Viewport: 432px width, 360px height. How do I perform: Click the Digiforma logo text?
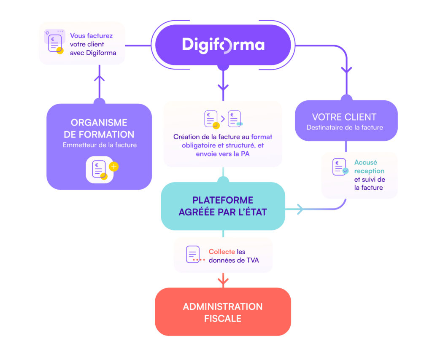coord(223,45)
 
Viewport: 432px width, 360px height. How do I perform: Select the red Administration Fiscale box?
coord(223,312)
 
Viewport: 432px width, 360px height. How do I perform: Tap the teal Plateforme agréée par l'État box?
coord(223,206)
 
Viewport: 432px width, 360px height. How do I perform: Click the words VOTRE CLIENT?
coord(344,117)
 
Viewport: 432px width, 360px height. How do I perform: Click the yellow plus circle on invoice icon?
coord(113,167)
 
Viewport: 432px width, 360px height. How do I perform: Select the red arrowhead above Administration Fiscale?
coord(223,280)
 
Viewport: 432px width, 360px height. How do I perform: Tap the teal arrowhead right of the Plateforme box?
coord(300,209)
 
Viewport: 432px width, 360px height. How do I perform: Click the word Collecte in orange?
coord(221,252)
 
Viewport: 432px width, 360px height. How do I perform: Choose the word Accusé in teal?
coord(365,162)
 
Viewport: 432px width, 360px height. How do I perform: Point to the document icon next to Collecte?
coord(193,254)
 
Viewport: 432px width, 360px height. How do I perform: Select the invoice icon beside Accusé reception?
coord(340,167)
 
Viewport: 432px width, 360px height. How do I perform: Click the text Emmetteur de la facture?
coord(100,145)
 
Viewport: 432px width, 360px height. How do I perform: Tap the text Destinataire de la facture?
coord(345,127)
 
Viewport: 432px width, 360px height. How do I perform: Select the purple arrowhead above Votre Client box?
coord(346,70)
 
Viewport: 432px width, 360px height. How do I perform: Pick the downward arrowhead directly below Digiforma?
coord(223,87)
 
